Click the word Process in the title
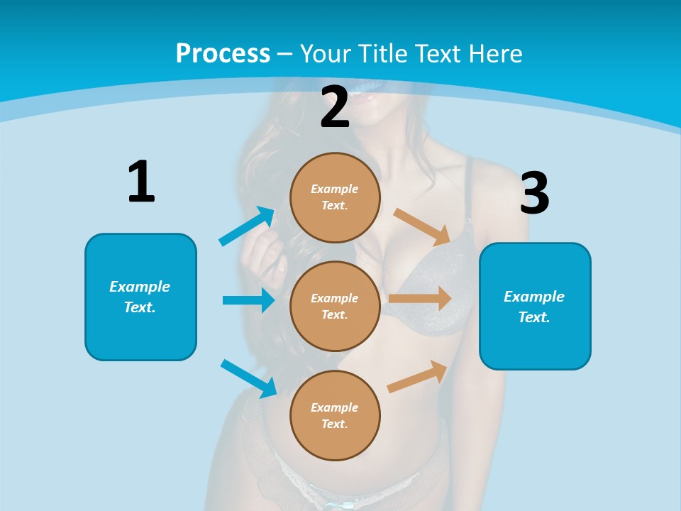tap(223, 54)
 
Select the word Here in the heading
tap(494, 54)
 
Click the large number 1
tap(141, 182)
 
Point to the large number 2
tap(335, 107)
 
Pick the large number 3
tap(535, 193)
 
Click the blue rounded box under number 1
tap(140, 297)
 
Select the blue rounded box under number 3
tap(535, 307)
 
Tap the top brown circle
tap(335, 197)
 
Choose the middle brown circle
tap(335, 306)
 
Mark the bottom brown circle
tap(335, 415)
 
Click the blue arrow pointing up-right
tap(247, 226)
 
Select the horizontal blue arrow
tap(248, 300)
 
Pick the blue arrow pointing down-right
tap(248, 378)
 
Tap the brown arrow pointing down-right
tap(423, 227)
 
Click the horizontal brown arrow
tap(420, 299)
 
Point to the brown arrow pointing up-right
tap(417, 377)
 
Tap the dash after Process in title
tap(285, 55)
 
